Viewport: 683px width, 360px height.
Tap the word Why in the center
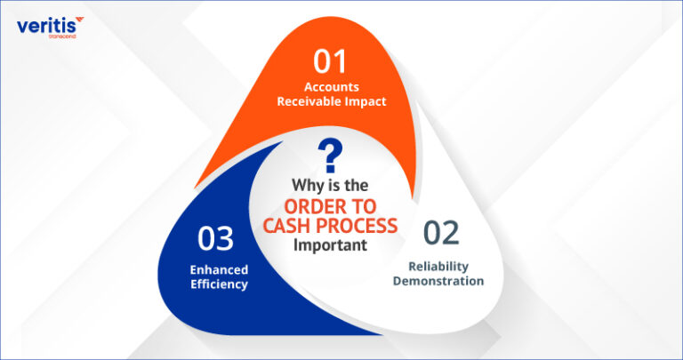click(307, 187)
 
